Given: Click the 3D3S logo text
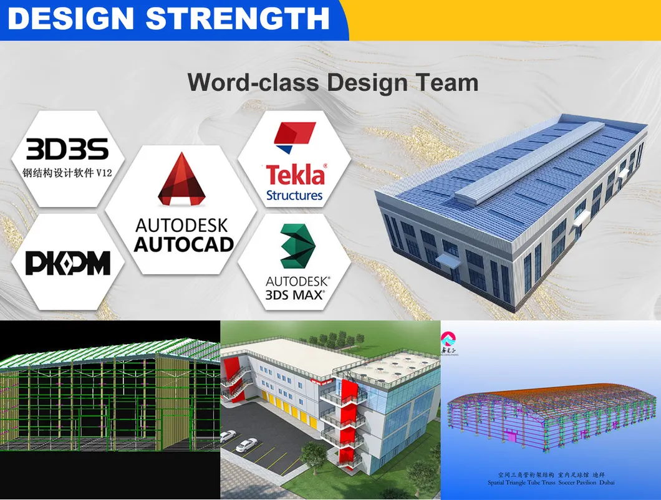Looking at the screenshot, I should pos(67,150).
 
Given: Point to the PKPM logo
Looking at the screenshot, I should pos(67,263).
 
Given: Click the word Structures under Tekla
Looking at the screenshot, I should pos(294,195).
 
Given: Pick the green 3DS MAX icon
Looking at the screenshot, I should pos(295,247).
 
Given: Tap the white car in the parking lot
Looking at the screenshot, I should pos(247,445).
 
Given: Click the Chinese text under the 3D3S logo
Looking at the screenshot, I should pos(67,173).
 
